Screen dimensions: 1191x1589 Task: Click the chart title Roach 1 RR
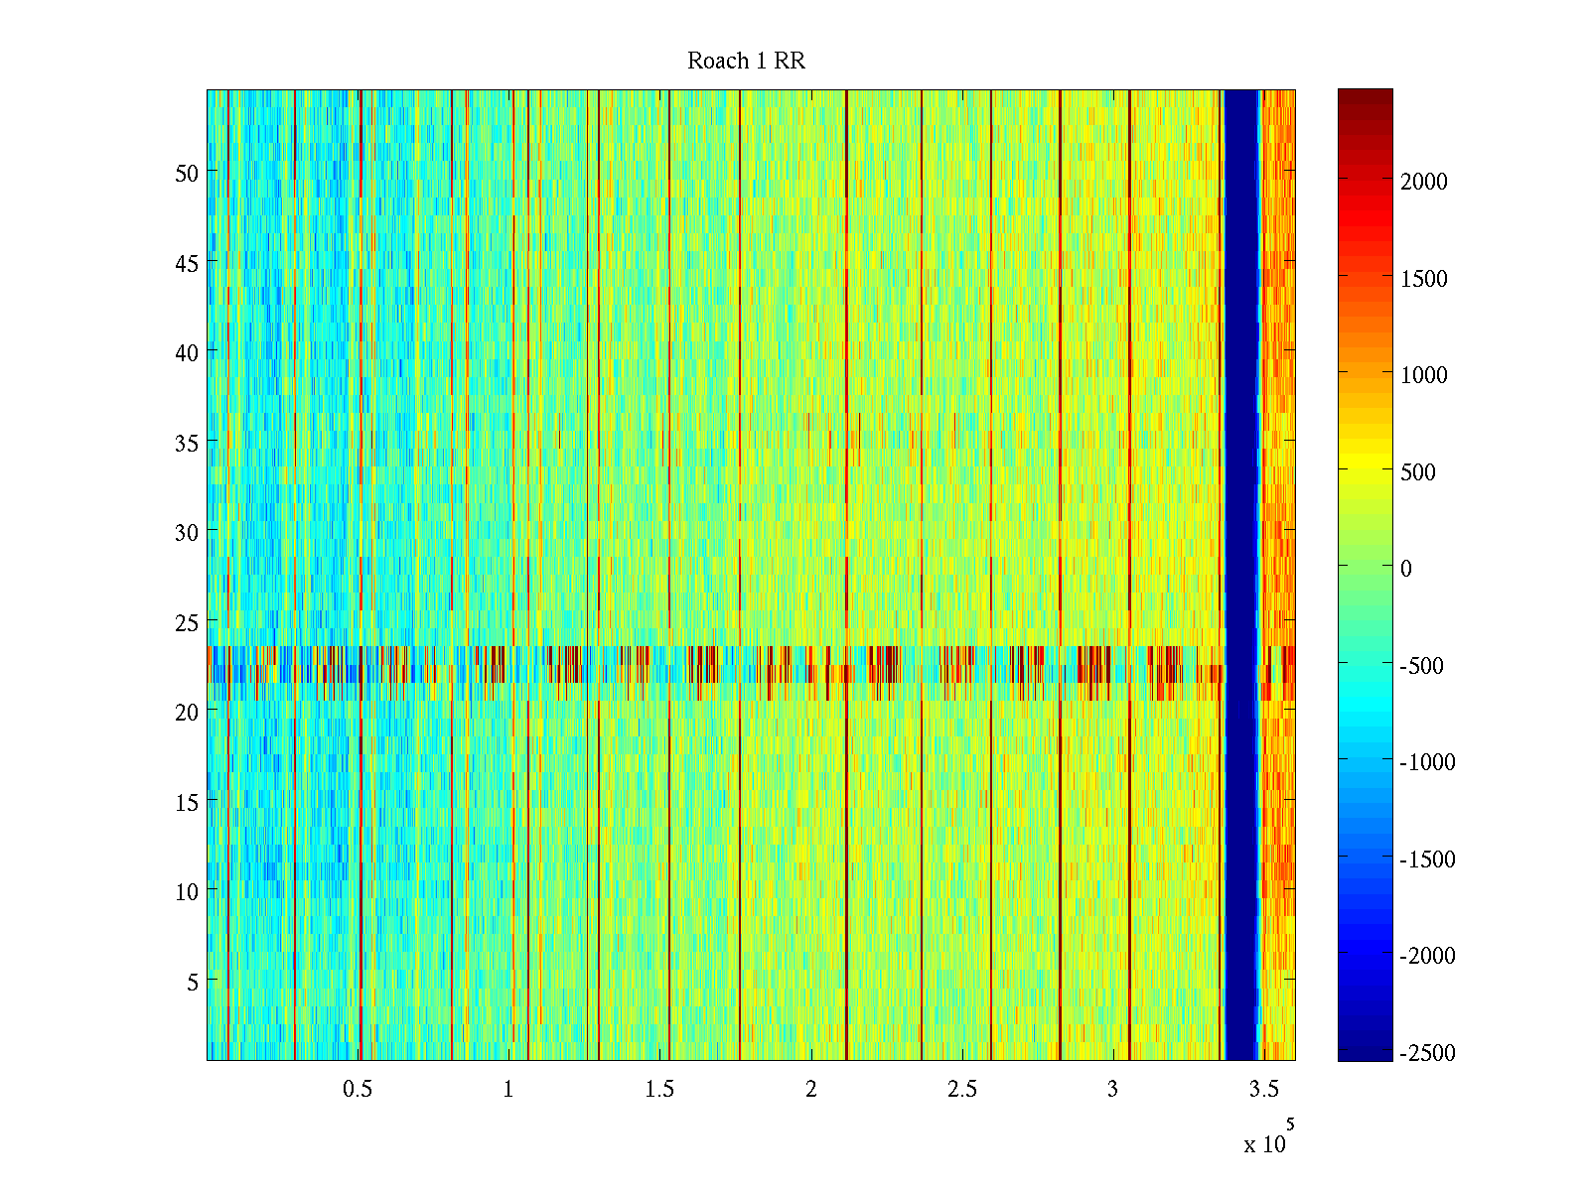click(746, 62)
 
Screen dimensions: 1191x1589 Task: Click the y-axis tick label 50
click(187, 173)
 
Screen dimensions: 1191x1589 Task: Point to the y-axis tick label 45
click(187, 263)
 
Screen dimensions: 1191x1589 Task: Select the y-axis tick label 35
click(187, 443)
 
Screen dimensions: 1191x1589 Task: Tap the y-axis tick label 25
click(187, 622)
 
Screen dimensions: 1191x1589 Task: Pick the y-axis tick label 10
click(187, 891)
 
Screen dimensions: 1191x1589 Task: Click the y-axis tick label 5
click(193, 982)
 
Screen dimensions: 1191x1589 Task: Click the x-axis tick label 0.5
click(358, 1090)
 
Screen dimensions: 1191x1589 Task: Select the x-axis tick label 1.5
click(659, 1090)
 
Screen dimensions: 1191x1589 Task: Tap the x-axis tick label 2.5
click(962, 1090)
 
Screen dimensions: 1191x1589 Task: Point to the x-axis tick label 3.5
click(1263, 1090)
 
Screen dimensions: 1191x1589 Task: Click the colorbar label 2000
click(1424, 182)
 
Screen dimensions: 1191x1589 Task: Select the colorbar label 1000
click(1424, 375)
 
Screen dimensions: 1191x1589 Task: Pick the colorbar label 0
click(1405, 569)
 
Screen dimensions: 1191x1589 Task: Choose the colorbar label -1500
click(1427, 860)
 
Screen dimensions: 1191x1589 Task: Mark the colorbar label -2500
click(1427, 1053)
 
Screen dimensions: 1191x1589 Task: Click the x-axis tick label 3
click(1112, 1090)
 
